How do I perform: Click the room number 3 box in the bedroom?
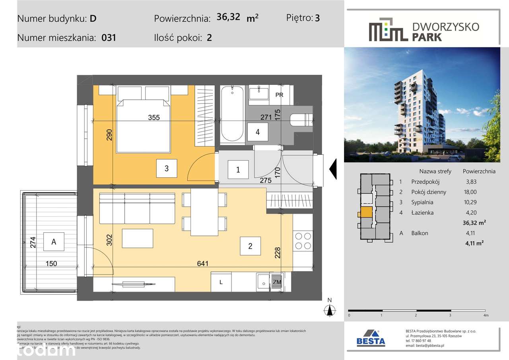point(167,169)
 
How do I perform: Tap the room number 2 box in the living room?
point(250,246)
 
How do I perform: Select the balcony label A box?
point(54,241)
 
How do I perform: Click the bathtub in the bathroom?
point(232,114)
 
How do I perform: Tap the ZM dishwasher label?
point(277,282)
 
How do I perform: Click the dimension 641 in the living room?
point(202,263)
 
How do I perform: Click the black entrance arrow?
point(333,169)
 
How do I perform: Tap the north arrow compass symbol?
point(329,309)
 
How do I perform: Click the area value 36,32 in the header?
point(228,18)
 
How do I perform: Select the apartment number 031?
point(109,38)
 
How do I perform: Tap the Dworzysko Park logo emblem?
point(388,29)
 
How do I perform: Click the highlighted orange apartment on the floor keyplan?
point(367,212)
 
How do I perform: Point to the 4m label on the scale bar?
point(485,315)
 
